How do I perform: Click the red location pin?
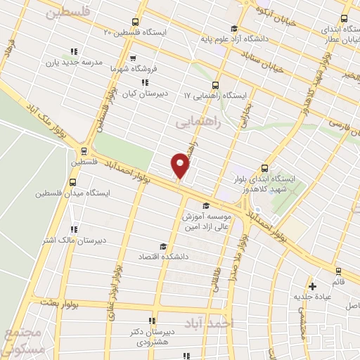180,166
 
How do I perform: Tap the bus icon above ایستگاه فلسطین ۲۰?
135,22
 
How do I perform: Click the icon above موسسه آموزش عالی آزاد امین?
205,206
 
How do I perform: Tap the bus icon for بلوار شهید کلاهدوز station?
264,168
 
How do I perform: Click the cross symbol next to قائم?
313,285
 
